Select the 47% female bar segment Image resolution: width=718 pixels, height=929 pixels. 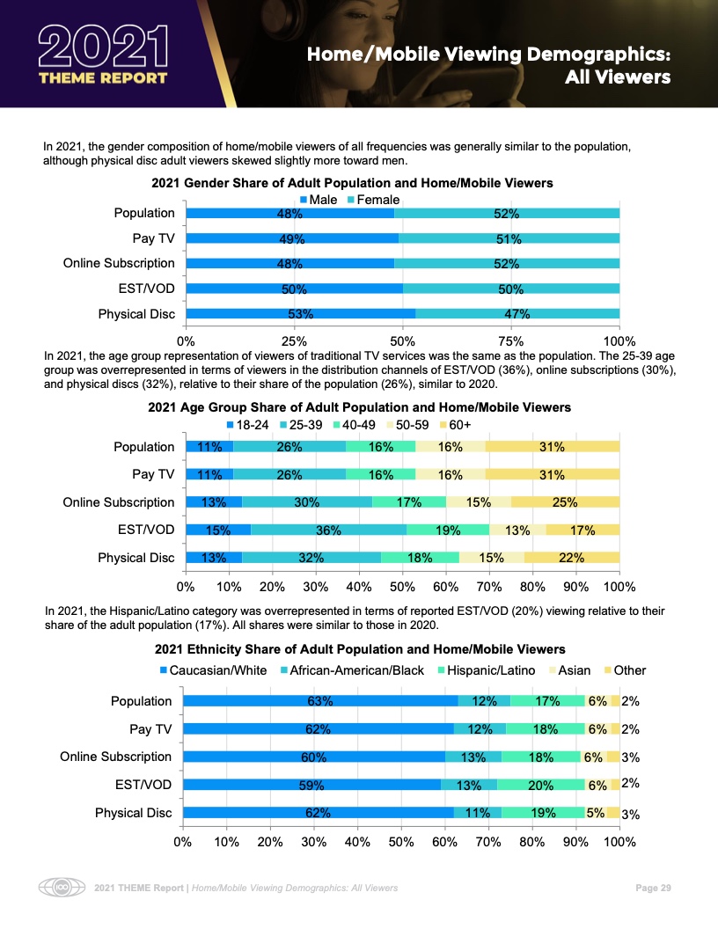(517, 314)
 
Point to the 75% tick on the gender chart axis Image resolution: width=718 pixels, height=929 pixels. (511, 340)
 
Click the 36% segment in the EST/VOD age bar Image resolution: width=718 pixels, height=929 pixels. (328, 530)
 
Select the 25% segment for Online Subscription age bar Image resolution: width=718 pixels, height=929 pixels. (565, 502)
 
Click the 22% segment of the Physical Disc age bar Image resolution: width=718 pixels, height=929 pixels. (572, 558)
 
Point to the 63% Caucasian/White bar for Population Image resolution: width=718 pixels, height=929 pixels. (319, 701)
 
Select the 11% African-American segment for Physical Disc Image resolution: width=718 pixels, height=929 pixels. (478, 813)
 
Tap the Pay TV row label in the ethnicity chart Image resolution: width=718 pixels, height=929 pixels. (152, 728)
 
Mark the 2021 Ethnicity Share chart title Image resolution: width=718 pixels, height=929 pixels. (360, 649)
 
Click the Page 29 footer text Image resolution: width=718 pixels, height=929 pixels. (654, 888)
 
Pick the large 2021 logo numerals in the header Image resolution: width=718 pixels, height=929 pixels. (102, 44)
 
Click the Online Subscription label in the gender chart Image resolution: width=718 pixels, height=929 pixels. (119, 263)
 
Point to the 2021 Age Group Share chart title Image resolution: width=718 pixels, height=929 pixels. (360, 407)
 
